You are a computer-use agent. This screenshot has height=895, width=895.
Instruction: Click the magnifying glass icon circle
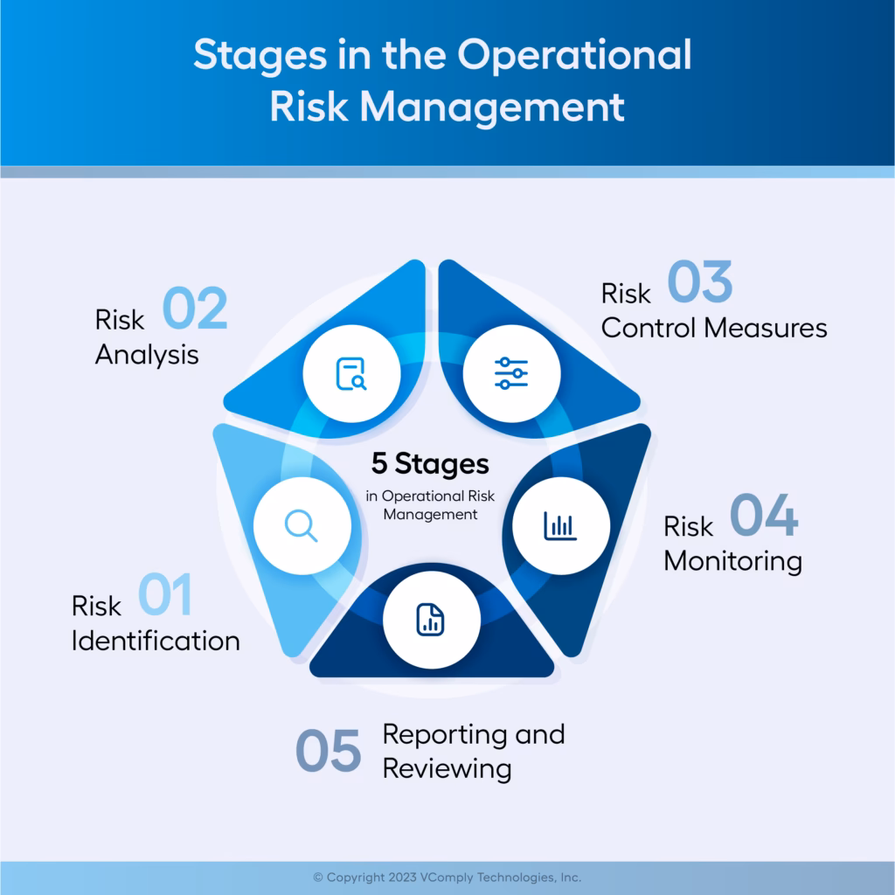(x=302, y=525)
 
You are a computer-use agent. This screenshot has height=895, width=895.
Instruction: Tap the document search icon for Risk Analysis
(x=351, y=374)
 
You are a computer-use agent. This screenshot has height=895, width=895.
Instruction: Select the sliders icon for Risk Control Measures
(x=511, y=373)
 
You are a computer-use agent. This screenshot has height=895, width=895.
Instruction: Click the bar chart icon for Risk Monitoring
(x=560, y=525)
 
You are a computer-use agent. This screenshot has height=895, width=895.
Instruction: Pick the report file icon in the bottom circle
(x=431, y=620)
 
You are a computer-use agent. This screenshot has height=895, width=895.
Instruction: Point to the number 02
(x=195, y=309)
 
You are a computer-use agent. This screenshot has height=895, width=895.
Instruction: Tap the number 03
(x=700, y=284)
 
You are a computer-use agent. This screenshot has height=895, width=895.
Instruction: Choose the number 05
(x=328, y=751)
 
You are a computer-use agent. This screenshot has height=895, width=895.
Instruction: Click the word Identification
(x=156, y=641)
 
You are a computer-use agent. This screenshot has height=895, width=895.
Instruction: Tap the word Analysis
(x=147, y=355)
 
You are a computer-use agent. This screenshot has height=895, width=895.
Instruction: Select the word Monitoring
(x=732, y=560)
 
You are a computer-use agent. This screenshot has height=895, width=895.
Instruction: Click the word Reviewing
(x=447, y=768)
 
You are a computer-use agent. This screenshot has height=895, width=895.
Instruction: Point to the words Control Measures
(x=714, y=328)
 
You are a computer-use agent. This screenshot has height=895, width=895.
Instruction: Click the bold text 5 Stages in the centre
(x=430, y=463)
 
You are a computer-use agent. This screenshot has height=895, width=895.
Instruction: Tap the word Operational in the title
(x=574, y=55)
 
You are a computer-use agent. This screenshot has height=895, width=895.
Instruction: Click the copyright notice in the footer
(x=447, y=877)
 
